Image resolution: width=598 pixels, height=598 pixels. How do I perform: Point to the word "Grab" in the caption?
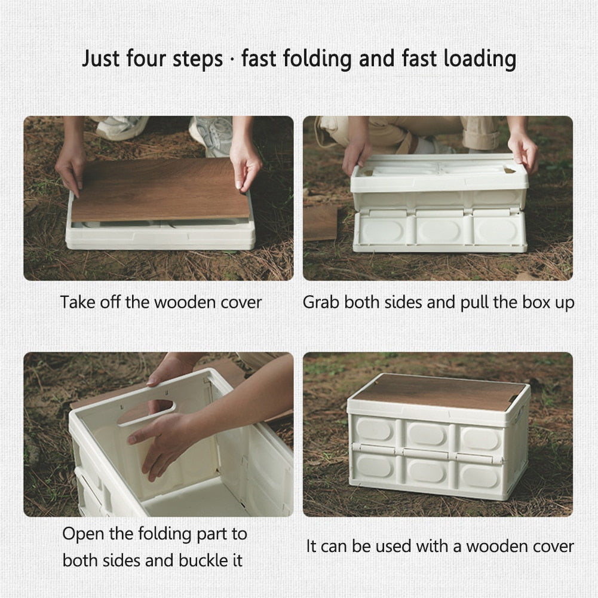[x=321, y=302]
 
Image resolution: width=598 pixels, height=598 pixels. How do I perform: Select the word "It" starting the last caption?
[x=311, y=546]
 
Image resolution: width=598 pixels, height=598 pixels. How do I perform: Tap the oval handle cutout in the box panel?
[x=147, y=412]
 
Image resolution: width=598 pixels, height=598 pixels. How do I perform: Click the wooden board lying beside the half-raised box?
[x=320, y=223]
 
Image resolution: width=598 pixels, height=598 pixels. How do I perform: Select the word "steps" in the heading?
[x=198, y=60]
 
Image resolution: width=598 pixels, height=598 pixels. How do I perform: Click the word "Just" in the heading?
[x=101, y=59]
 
